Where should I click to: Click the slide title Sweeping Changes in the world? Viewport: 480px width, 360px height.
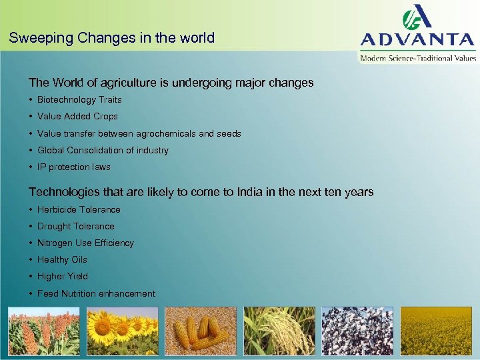point(112,38)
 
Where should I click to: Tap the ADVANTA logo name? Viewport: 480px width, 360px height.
point(418,39)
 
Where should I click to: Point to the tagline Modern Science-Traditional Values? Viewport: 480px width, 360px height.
point(418,58)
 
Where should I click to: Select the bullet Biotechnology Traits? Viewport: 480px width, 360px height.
point(79,100)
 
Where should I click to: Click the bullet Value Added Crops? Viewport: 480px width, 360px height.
point(77,117)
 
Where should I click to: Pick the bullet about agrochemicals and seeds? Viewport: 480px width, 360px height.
point(139,133)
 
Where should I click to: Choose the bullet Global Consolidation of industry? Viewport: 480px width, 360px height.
point(103,151)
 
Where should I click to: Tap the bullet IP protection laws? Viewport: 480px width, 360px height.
point(73,167)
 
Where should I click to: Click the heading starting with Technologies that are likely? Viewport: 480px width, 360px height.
point(201,192)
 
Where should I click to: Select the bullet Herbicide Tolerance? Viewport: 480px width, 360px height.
point(79,209)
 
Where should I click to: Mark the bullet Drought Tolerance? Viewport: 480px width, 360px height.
point(75,227)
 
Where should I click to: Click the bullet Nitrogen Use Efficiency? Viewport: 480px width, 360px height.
point(85,243)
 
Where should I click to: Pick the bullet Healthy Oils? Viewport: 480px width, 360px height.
point(62,260)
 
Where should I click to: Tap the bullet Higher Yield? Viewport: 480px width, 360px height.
point(63,277)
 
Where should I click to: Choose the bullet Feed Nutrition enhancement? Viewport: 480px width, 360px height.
point(96,294)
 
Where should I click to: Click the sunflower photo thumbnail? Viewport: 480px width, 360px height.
point(123,331)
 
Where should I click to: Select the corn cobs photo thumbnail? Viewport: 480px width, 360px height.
point(201,331)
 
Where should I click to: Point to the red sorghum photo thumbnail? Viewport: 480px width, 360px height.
point(44,331)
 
